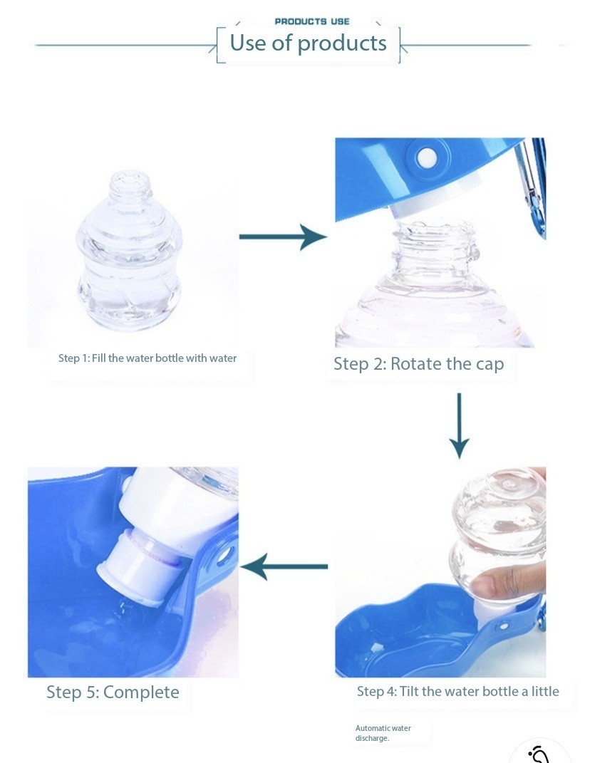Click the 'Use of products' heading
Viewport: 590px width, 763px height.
(308, 43)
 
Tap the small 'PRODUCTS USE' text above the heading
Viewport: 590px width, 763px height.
(312, 21)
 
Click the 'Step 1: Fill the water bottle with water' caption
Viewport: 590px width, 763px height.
(147, 358)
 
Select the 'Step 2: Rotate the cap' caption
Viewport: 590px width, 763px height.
(418, 364)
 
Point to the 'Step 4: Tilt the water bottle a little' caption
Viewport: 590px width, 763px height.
(457, 691)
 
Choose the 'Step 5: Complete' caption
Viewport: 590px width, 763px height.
(113, 692)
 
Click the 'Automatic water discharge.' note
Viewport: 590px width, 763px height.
(383, 733)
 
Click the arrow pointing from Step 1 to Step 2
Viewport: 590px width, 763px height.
(282, 237)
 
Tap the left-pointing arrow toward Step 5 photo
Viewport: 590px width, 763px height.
(284, 567)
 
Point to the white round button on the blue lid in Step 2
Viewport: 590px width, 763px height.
(426, 156)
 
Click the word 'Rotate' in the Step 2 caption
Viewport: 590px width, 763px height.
(416, 364)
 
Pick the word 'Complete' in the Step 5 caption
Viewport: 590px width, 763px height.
(141, 692)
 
